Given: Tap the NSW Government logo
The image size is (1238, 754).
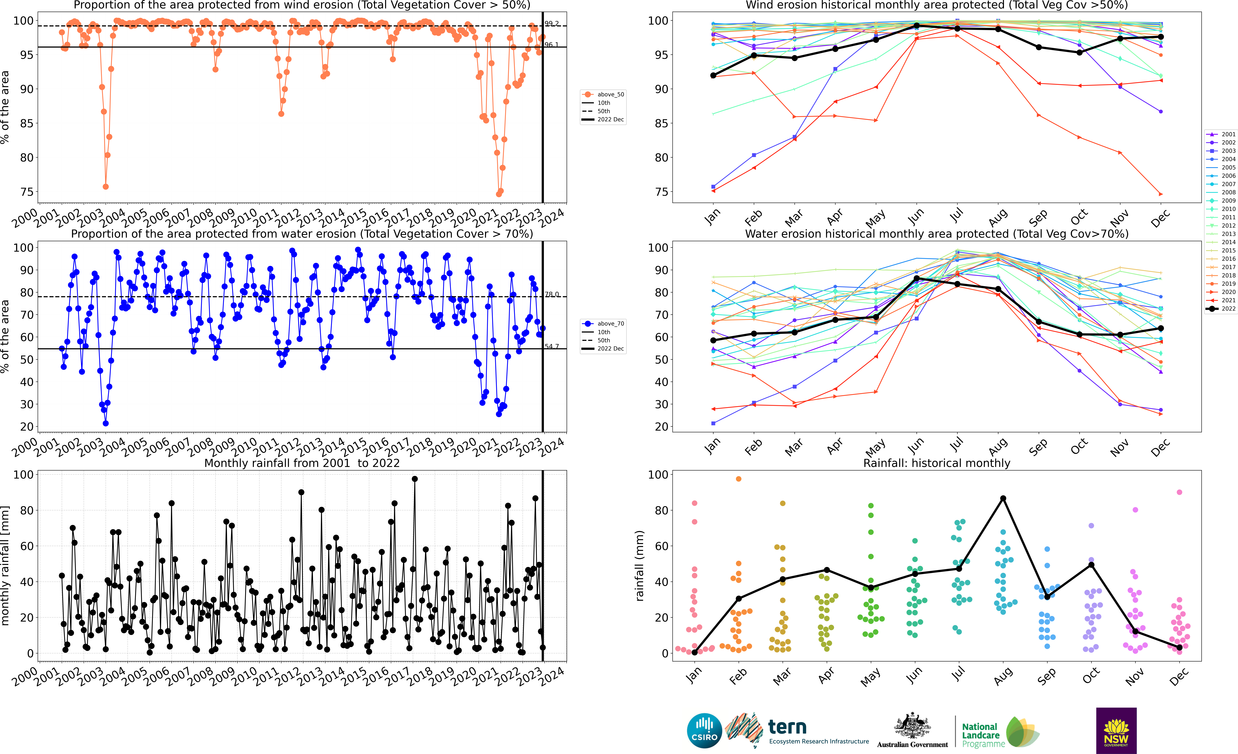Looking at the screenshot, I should click(x=1116, y=730).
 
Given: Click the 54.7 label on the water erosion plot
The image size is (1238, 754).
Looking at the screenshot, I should click(x=552, y=346).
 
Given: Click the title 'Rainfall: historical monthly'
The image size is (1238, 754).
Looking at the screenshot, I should click(x=937, y=463).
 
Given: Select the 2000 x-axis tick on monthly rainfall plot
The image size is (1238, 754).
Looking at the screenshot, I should click(x=25, y=676).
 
